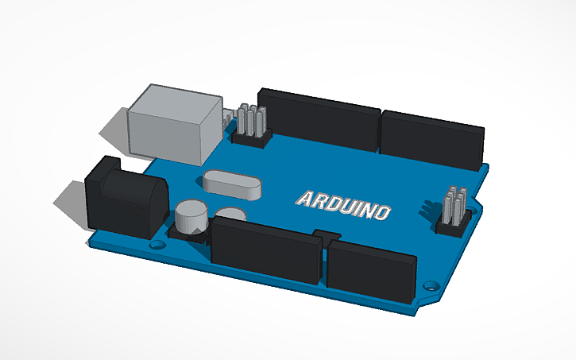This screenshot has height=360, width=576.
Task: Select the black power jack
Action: click(123, 197)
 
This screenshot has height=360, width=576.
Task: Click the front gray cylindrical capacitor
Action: click(191, 217)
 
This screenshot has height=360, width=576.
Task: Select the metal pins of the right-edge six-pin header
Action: click(454, 203)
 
